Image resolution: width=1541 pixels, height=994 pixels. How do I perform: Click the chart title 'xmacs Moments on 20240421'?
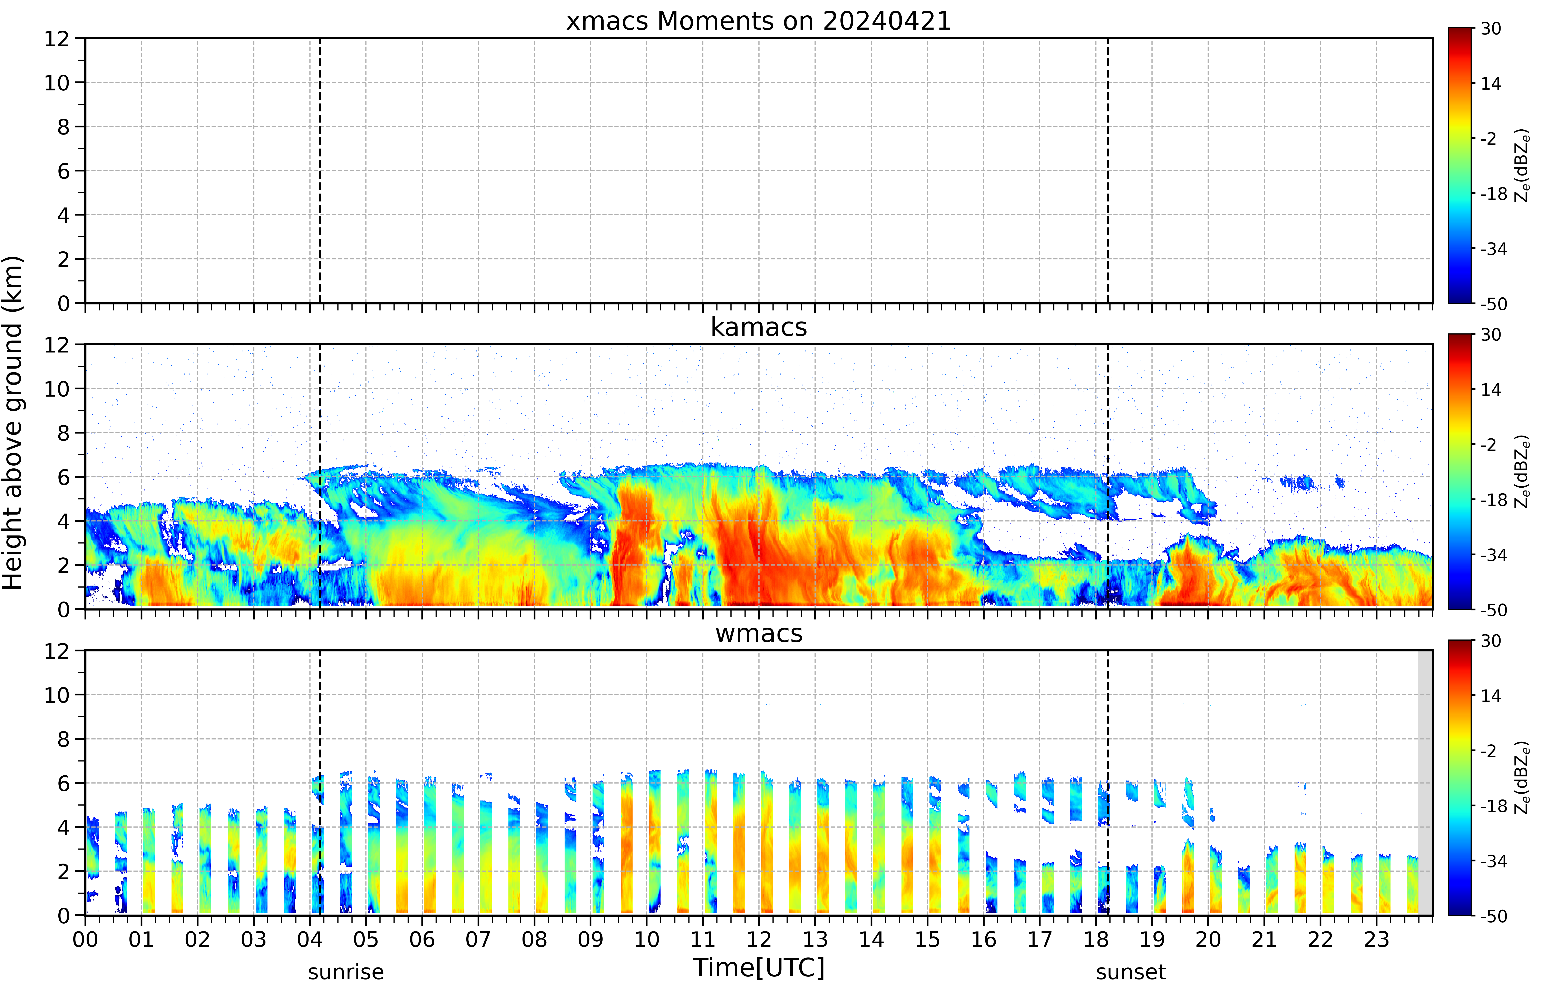[x=759, y=21]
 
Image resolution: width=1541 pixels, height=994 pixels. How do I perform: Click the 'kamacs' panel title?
[x=759, y=327]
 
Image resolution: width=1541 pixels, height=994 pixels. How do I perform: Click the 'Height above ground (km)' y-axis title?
[x=13, y=423]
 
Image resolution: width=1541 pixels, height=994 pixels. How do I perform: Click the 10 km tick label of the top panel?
[x=57, y=83]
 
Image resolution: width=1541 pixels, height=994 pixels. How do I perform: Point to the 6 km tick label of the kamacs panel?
[x=63, y=477]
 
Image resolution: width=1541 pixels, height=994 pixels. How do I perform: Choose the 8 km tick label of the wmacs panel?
[x=63, y=739]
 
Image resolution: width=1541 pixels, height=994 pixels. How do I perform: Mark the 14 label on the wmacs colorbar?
[x=1491, y=696]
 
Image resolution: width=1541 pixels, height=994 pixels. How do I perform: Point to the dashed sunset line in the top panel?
[x=1108, y=170]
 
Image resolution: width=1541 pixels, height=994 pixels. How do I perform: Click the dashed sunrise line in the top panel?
[x=320, y=170]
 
